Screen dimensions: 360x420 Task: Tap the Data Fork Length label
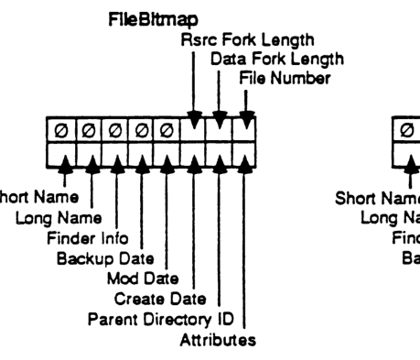pyautogui.click(x=264, y=59)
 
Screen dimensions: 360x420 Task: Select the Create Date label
pyautogui.click(x=156, y=299)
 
